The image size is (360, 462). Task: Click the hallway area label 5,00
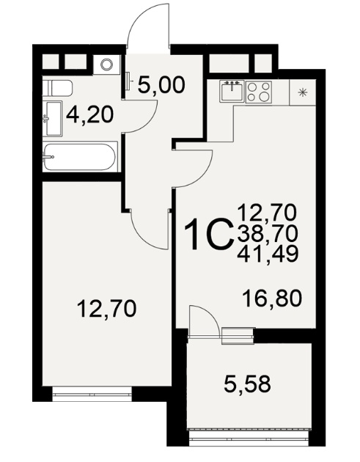click(161, 85)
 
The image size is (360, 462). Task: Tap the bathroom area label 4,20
click(90, 115)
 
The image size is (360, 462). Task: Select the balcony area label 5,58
click(247, 384)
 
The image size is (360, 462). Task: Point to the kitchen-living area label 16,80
click(272, 298)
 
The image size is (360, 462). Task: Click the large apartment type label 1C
click(207, 234)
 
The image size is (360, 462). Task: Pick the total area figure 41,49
click(268, 254)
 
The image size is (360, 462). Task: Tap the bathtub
click(80, 157)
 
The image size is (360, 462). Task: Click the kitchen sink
click(232, 91)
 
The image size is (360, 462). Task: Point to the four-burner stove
click(259, 92)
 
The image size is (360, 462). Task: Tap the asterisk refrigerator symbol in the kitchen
click(301, 92)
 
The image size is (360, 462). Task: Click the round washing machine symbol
click(106, 65)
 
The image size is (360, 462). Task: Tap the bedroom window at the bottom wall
click(92, 394)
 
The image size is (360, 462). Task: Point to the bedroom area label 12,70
click(106, 309)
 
